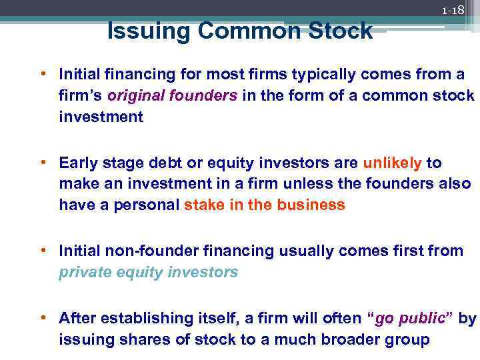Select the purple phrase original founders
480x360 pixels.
172,95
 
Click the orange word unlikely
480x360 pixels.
392,163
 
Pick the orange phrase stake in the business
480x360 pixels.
265,205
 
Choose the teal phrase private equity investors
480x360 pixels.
148,272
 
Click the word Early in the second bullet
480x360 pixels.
77,163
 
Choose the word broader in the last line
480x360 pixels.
355,339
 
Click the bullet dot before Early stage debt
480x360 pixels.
49,162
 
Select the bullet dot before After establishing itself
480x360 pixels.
49,317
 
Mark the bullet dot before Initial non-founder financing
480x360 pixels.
49,250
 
